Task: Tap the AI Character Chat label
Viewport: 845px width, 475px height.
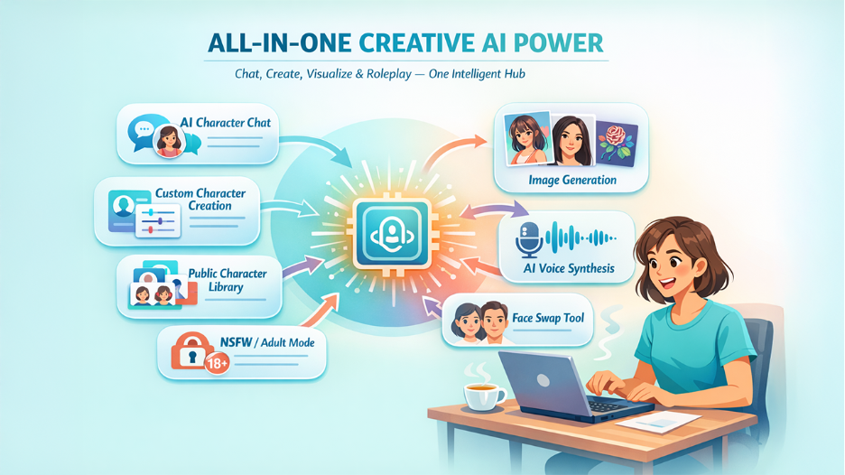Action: [225, 122]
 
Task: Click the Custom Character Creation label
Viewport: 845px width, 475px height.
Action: [207, 199]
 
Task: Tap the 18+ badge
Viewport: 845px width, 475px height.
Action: [218, 363]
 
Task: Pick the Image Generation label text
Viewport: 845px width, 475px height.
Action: [572, 180]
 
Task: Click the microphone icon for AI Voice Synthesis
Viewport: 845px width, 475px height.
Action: [526, 239]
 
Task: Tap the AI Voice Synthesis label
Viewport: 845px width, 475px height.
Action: [569, 268]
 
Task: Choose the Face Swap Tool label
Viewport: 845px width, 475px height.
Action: [548, 317]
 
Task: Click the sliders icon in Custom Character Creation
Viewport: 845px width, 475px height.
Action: [158, 220]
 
